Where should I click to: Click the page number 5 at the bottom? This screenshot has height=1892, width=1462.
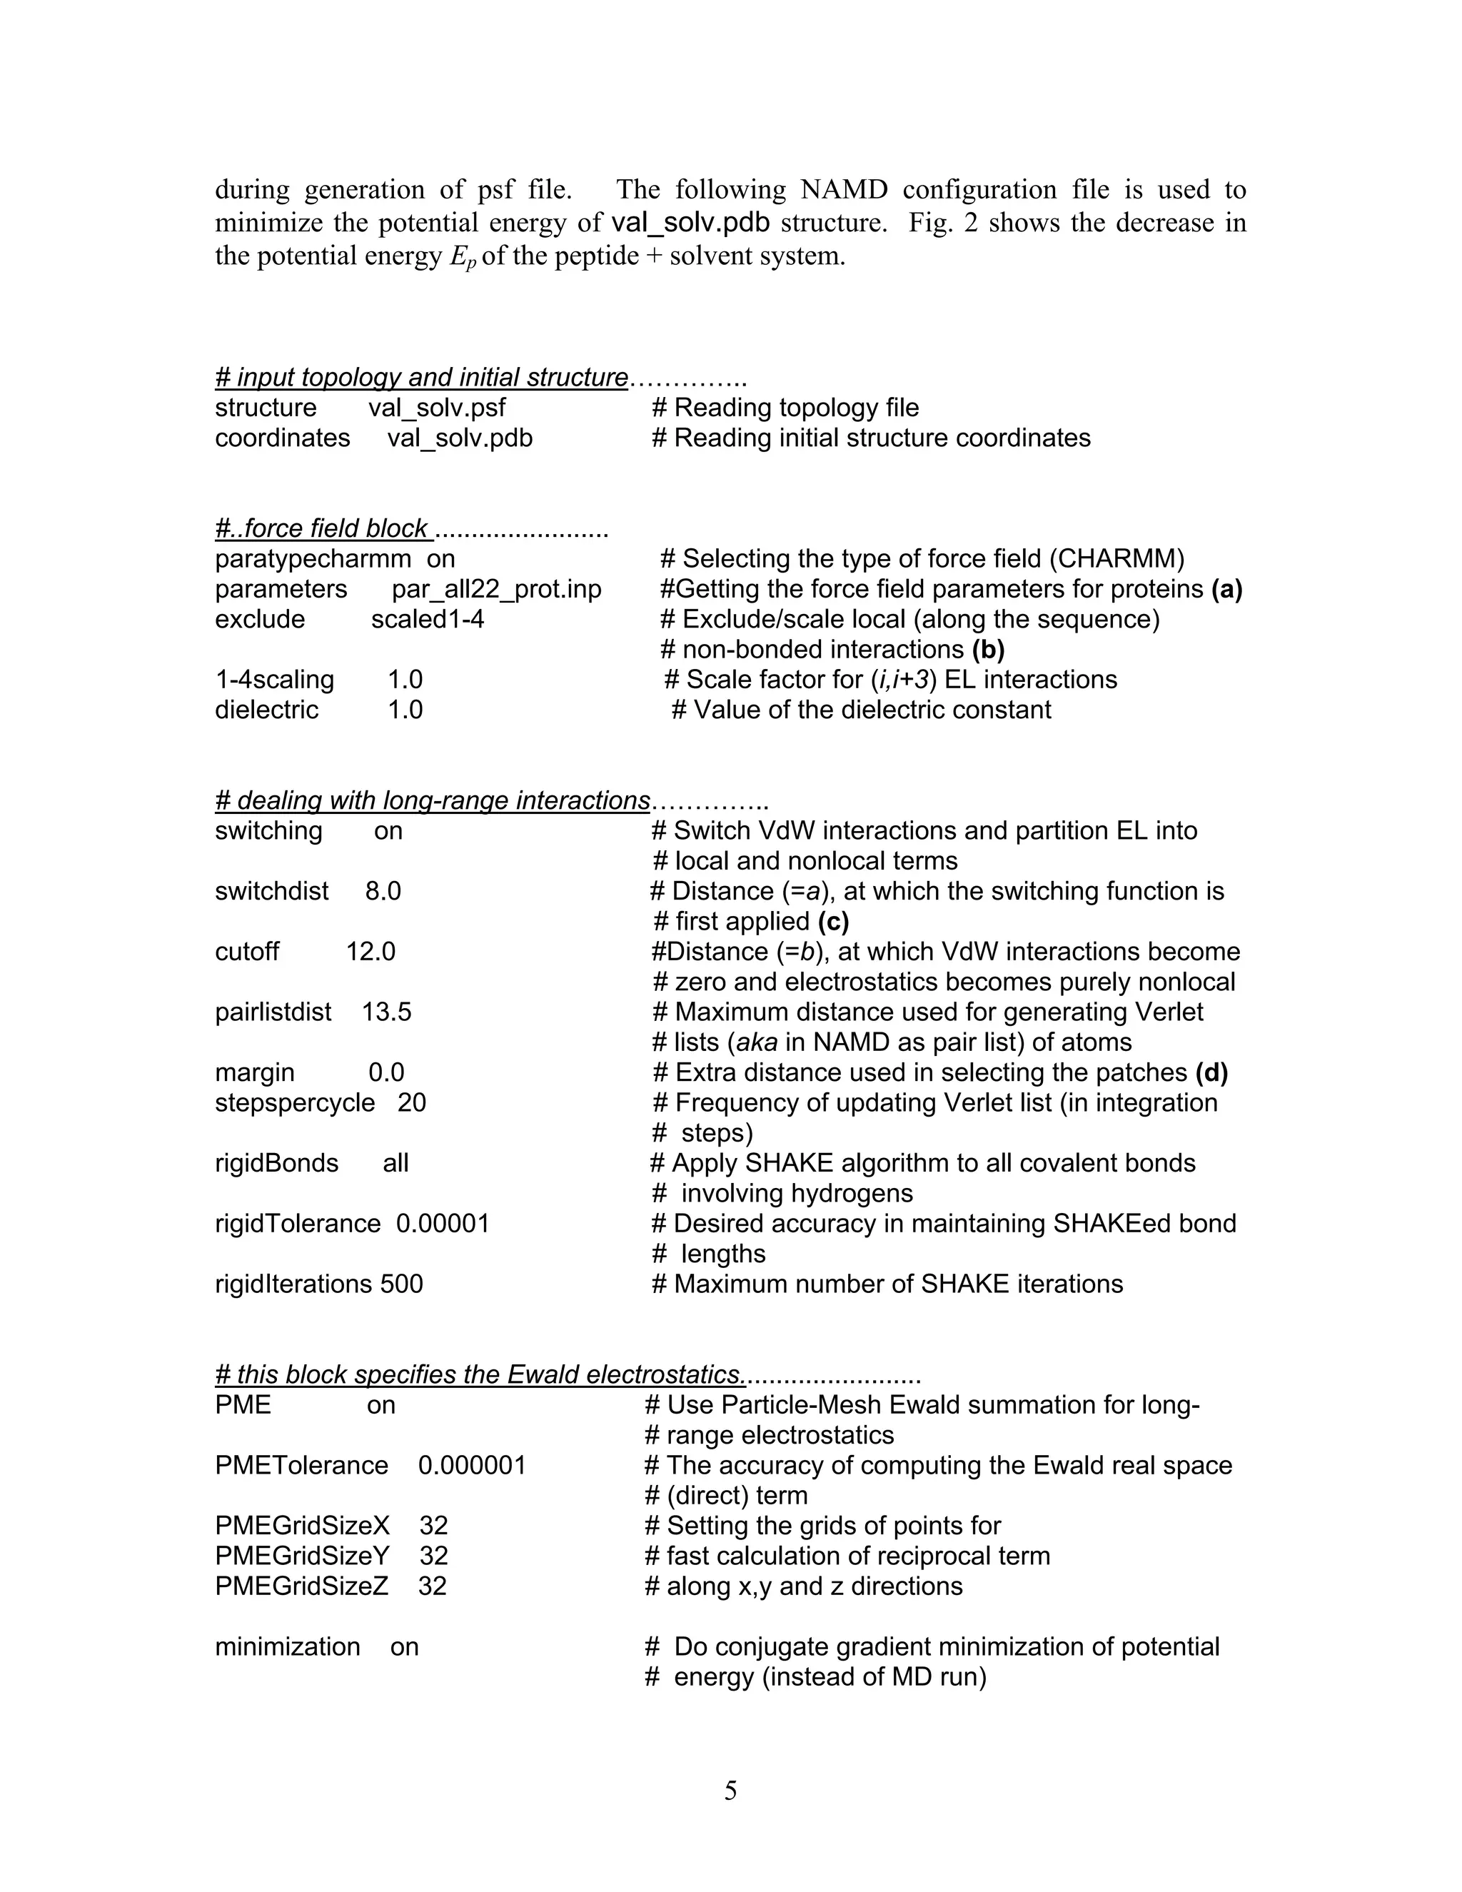pos(730,1791)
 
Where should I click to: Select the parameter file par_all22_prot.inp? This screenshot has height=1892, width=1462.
pos(496,589)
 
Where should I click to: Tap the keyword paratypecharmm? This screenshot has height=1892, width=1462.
pos(313,559)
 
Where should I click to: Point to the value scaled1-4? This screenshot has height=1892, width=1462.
pos(427,620)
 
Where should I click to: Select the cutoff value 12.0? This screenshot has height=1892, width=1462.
pos(370,951)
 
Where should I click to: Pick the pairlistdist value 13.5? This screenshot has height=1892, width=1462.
pos(386,1012)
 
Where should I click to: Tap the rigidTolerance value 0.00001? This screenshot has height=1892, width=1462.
pos(443,1223)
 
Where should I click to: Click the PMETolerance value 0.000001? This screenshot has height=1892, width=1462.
pos(472,1465)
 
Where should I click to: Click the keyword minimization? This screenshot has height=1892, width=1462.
pos(288,1647)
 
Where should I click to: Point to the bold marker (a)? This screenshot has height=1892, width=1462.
pos(1226,589)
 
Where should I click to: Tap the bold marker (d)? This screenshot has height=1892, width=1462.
pos(1211,1072)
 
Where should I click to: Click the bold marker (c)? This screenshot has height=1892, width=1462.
pos(833,921)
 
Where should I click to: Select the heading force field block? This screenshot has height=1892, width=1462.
pos(324,528)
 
